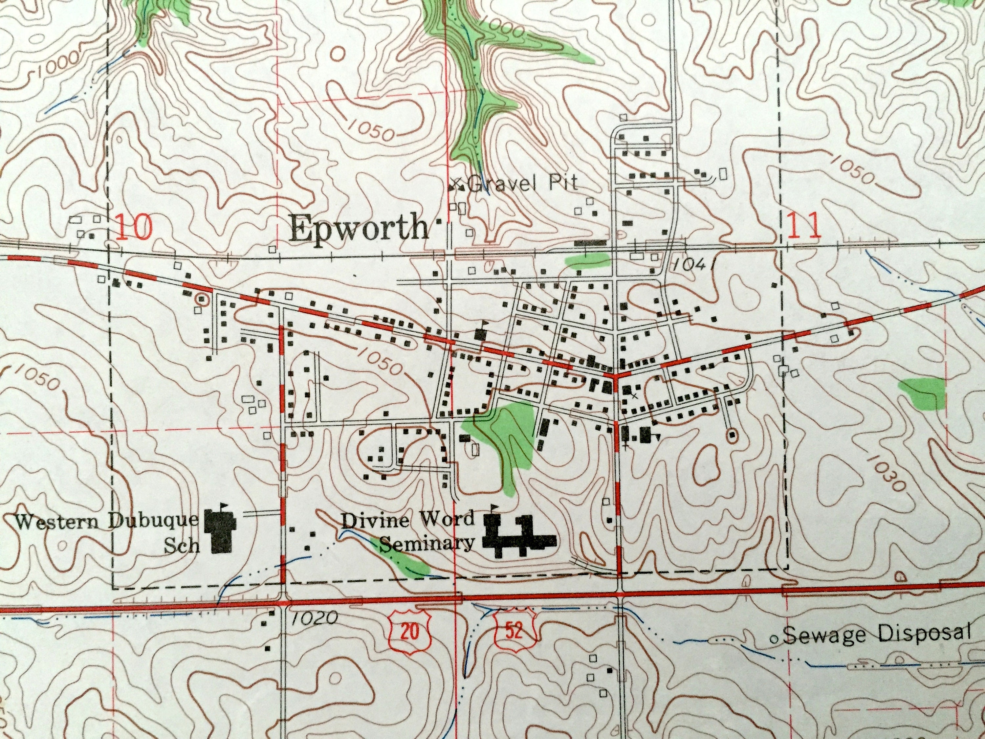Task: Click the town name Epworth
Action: pyautogui.click(x=359, y=228)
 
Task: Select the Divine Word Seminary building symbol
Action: pyautogui.click(x=519, y=537)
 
